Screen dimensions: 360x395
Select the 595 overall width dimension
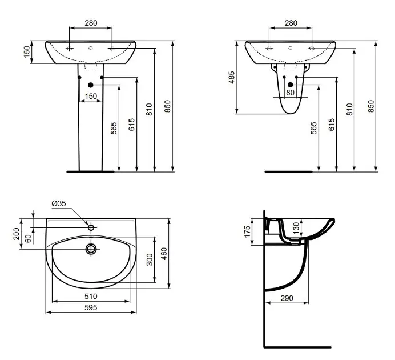click(91, 307)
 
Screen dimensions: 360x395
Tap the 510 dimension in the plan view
click(91, 297)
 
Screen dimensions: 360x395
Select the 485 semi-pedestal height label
click(231, 77)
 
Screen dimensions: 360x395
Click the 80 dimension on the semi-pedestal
click(290, 92)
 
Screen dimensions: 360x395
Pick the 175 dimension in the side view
click(247, 231)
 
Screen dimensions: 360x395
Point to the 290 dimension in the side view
click(287, 298)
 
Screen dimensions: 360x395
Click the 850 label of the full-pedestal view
click(168, 106)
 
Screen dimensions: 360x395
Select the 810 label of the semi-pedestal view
click(351, 106)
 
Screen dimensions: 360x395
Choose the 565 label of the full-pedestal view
click(114, 127)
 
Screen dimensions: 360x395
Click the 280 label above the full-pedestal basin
click(90, 23)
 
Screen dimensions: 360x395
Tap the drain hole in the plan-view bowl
click(90, 249)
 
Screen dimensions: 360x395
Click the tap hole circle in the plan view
click(91, 227)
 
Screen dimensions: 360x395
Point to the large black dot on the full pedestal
click(90, 85)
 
